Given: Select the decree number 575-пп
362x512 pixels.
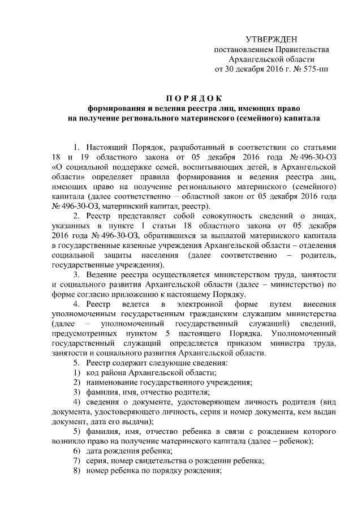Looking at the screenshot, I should click(x=315, y=69).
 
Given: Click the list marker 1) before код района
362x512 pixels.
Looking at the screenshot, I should click(x=76, y=372).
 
